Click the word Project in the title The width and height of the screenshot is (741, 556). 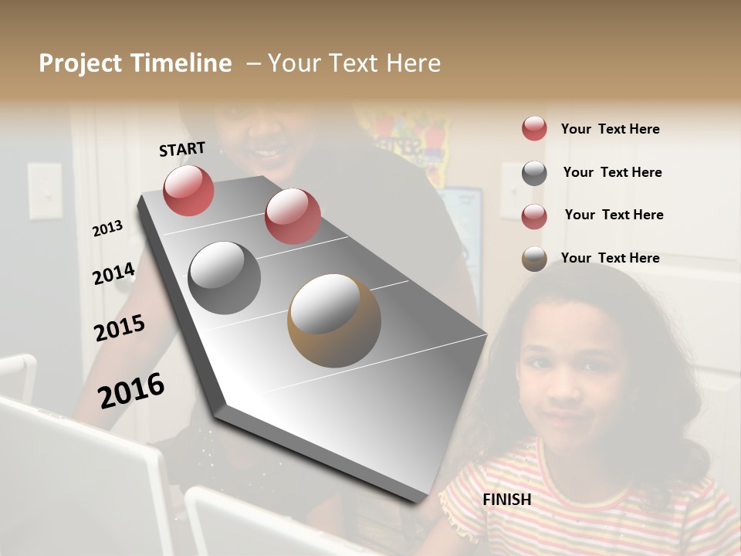click(x=80, y=63)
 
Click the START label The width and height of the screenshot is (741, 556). click(x=182, y=149)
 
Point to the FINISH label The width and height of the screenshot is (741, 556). click(x=507, y=500)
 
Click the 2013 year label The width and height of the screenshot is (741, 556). click(x=108, y=229)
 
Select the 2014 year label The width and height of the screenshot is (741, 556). click(x=113, y=274)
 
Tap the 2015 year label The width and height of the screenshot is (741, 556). click(x=120, y=328)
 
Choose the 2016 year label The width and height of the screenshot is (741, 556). click(x=131, y=390)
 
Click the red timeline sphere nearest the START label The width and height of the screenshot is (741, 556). click(x=188, y=190)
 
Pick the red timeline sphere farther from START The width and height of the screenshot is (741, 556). click(x=293, y=216)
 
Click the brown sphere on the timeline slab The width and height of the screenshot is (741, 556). click(x=334, y=320)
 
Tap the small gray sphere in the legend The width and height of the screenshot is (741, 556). click(x=534, y=173)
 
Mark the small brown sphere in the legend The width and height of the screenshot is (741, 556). click(x=534, y=259)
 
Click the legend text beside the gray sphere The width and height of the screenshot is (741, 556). click(x=612, y=172)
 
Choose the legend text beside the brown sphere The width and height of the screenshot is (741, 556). click(x=611, y=258)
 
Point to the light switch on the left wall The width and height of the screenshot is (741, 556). click(x=45, y=190)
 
